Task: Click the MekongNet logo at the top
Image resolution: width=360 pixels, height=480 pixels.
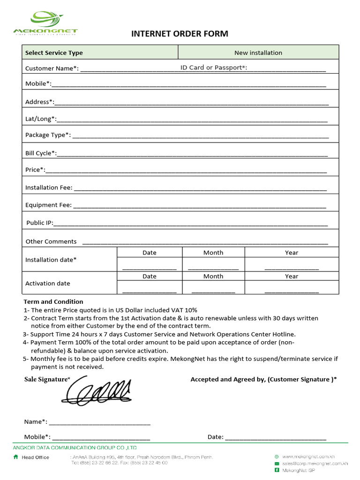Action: [45, 23]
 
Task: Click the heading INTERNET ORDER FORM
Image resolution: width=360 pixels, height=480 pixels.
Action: [180, 34]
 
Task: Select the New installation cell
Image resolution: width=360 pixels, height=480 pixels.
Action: [258, 52]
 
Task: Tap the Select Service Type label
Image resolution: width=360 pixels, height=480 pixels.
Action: [54, 53]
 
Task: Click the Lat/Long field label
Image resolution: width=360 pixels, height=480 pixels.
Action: [40, 119]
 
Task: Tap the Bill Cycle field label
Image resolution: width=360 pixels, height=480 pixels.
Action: [41, 153]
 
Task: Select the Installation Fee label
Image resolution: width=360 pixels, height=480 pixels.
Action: [49, 187]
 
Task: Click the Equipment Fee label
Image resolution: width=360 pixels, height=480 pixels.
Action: [48, 205]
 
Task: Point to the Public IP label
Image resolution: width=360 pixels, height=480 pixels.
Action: [40, 223]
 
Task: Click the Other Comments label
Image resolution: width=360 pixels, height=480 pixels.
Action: [51, 241]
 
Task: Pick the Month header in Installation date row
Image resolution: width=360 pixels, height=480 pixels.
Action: [213, 253]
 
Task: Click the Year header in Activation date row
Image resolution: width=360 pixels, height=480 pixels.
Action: [291, 277]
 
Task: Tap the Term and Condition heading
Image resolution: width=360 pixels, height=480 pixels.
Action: [53, 301]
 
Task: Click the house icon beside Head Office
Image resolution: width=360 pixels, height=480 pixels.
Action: [16, 457]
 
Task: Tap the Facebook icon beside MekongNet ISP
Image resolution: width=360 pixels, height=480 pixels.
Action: [277, 470]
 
